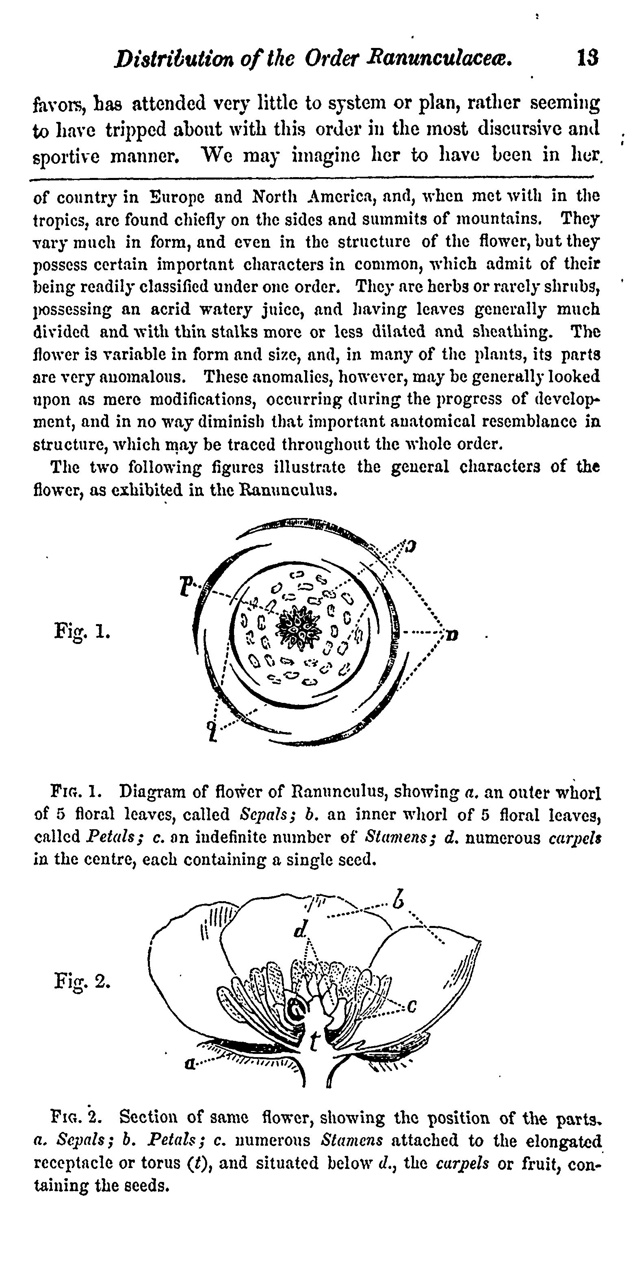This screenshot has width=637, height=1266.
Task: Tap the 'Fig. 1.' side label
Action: pyautogui.click(x=82, y=631)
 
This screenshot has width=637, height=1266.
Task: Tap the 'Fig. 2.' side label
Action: pyautogui.click(x=82, y=982)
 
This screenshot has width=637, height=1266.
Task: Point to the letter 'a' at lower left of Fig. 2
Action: pyautogui.click(x=188, y=1064)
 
